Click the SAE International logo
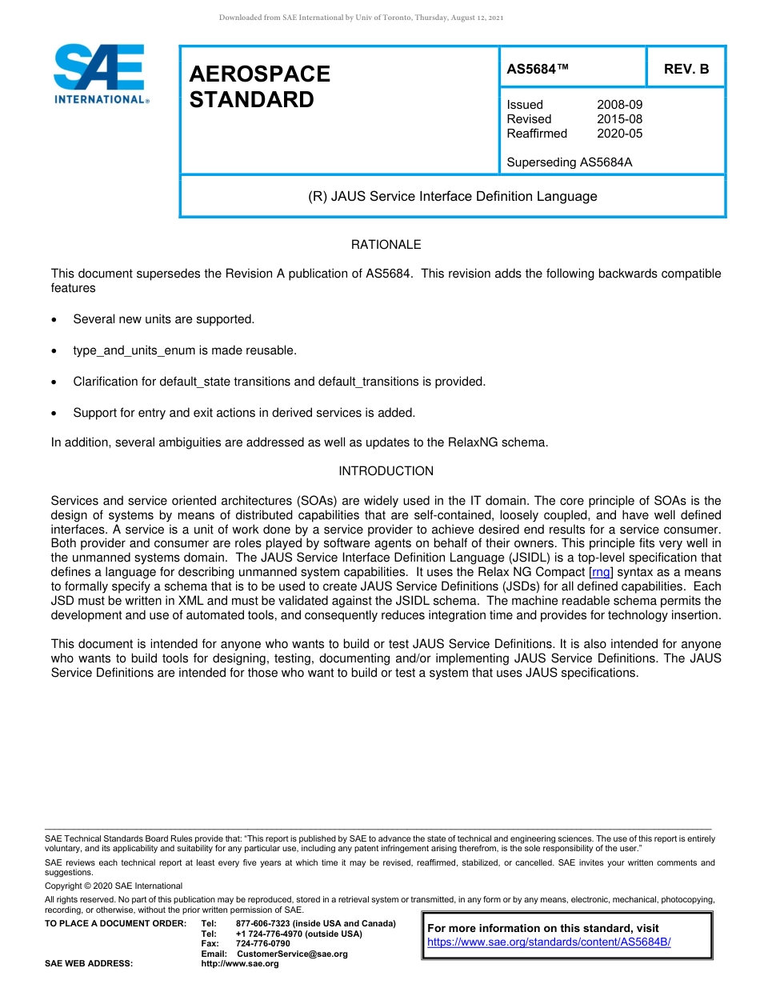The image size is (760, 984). pyautogui.click(x=100, y=74)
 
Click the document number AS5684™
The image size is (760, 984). pyautogui.click(x=538, y=70)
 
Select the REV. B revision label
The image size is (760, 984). pyautogui.click(x=686, y=70)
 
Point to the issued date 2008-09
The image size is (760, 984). pyautogui.click(x=619, y=105)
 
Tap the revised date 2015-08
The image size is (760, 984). pyautogui.click(x=619, y=119)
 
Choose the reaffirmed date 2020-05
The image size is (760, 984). pyautogui.click(x=619, y=134)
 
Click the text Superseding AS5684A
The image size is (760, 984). pyautogui.click(x=569, y=162)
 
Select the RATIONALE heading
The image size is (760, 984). pyautogui.click(x=386, y=245)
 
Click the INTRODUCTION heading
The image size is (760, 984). pyautogui.click(x=386, y=471)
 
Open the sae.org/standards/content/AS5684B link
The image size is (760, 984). pyautogui.click(x=549, y=942)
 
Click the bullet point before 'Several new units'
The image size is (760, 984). pyautogui.click(x=54, y=320)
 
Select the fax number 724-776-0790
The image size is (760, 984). pyautogui.click(x=262, y=944)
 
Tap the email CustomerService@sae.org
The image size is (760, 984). pyautogui.click(x=292, y=954)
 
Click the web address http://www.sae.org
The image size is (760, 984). pyautogui.click(x=240, y=964)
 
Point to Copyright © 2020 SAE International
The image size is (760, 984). pyautogui.click(x=114, y=886)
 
